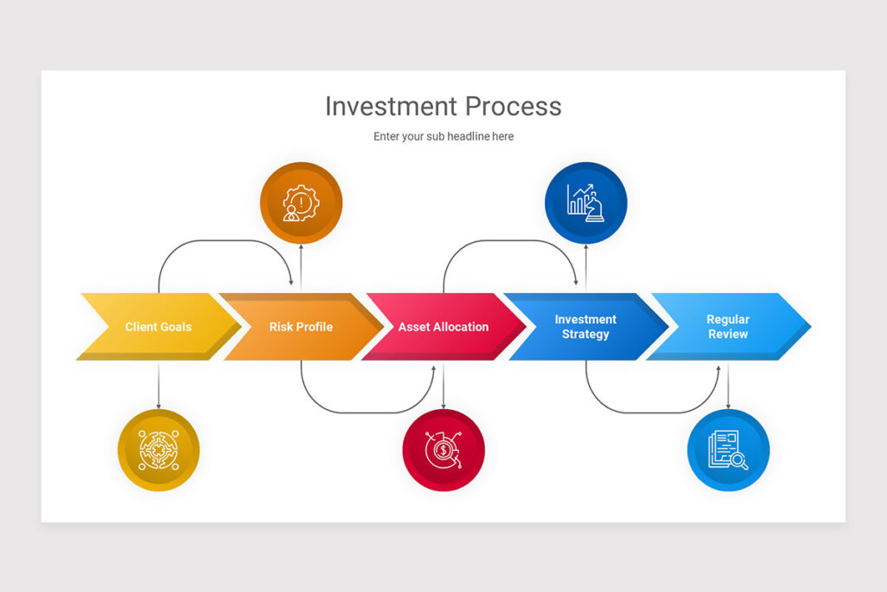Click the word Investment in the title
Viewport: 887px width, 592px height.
pos(391,107)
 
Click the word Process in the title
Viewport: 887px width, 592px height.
pos(514,107)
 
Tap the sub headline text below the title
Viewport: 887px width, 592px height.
pos(443,136)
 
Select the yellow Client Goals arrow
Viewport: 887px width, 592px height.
pos(159,327)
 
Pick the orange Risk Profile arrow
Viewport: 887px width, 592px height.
pos(301,327)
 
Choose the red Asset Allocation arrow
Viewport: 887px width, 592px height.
pos(443,327)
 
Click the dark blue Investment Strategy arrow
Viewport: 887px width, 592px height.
pos(586,327)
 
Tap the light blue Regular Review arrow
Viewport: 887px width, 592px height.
pos(728,327)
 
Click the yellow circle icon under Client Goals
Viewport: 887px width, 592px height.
pos(159,451)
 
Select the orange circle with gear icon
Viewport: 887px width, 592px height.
pos(301,203)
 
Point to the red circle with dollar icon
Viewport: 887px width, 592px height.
pos(443,451)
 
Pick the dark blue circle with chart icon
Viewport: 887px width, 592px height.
pos(586,203)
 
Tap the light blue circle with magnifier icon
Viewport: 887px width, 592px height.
pos(728,451)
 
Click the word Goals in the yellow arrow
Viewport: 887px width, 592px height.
pos(176,327)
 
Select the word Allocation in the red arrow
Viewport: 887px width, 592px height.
pos(462,327)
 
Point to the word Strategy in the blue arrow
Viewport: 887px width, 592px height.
pos(586,335)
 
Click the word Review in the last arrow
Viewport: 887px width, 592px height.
pos(728,335)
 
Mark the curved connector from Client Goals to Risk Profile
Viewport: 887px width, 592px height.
pos(225,241)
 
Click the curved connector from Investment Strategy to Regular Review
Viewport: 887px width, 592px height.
pos(654,413)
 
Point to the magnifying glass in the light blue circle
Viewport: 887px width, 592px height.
pos(739,460)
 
